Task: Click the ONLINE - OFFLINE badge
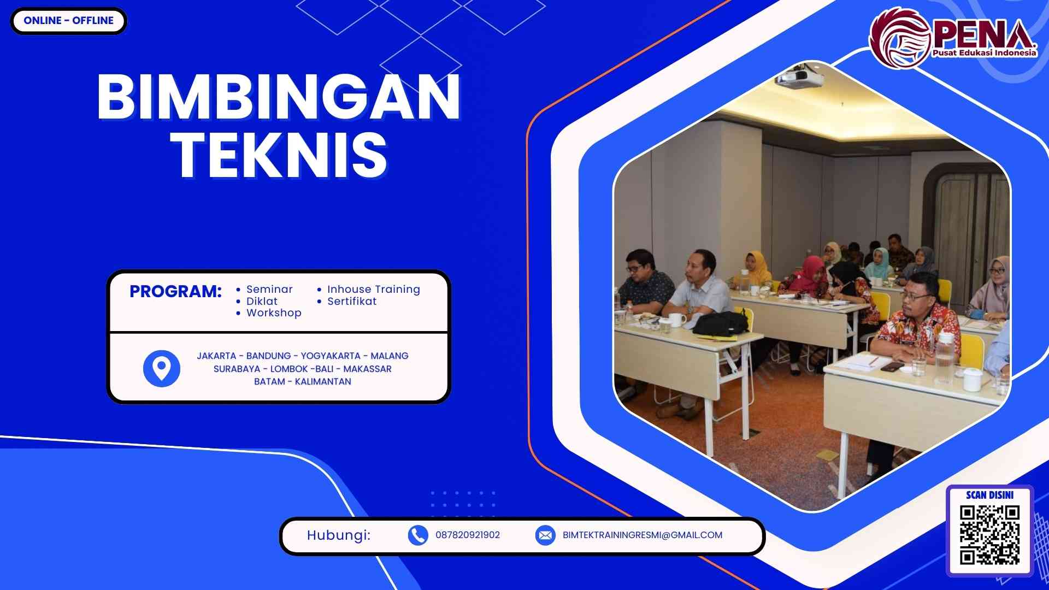(x=68, y=21)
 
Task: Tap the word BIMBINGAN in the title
(x=279, y=97)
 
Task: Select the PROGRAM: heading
(x=175, y=291)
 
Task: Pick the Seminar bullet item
(x=269, y=289)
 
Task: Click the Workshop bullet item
(x=274, y=312)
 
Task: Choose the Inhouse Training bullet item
(x=374, y=289)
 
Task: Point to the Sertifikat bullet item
(x=352, y=301)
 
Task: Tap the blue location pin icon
(x=161, y=368)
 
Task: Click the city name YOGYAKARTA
(x=331, y=356)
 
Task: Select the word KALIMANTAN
(x=323, y=381)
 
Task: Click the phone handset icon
(x=418, y=535)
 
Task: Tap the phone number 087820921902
(x=468, y=535)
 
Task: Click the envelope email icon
(x=545, y=535)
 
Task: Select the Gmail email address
(x=643, y=535)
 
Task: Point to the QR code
(x=989, y=535)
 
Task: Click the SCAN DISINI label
(x=989, y=495)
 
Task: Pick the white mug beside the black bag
(x=677, y=319)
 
